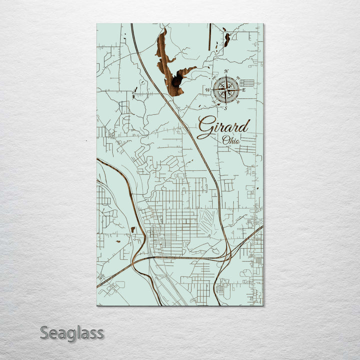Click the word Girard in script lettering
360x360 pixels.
point(223,127)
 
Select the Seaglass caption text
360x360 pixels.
point(72,332)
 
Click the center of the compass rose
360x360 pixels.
point(226,89)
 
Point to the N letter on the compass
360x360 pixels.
point(226,71)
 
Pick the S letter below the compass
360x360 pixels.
point(225,108)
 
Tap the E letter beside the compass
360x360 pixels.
point(244,90)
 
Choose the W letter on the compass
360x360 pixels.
point(207,90)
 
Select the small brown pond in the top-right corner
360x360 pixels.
point(227,39)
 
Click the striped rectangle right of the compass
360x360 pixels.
point(247,82)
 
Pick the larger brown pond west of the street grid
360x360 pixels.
point(132,229)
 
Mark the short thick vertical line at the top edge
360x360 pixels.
point(209,29)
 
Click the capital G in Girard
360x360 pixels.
point(204,128)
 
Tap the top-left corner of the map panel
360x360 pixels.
point(97,24)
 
